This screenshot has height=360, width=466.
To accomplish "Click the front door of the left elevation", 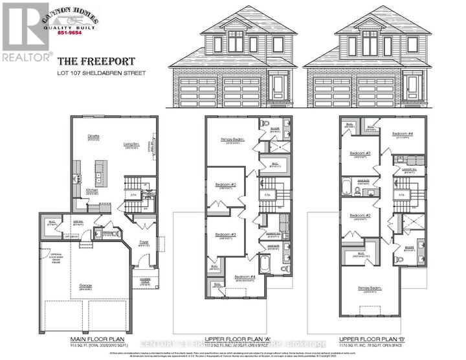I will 280,85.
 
